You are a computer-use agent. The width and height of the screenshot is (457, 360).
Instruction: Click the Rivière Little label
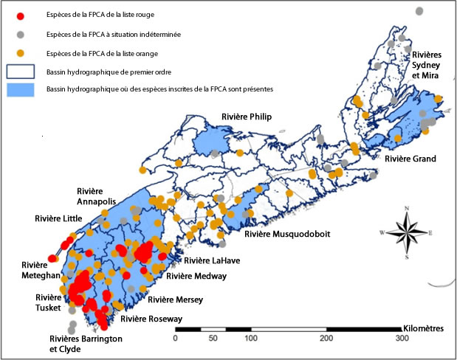[59, 218]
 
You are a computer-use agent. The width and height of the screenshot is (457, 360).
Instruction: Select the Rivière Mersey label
[176, 300]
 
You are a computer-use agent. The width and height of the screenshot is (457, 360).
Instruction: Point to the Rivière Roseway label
[151, 319]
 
